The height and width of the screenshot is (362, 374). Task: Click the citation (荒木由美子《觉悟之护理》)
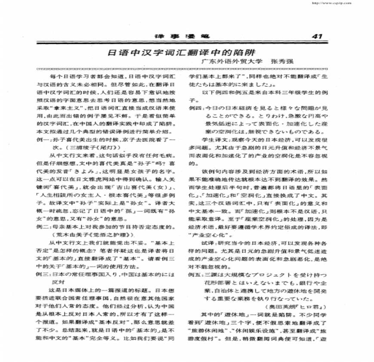coord(90,235)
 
